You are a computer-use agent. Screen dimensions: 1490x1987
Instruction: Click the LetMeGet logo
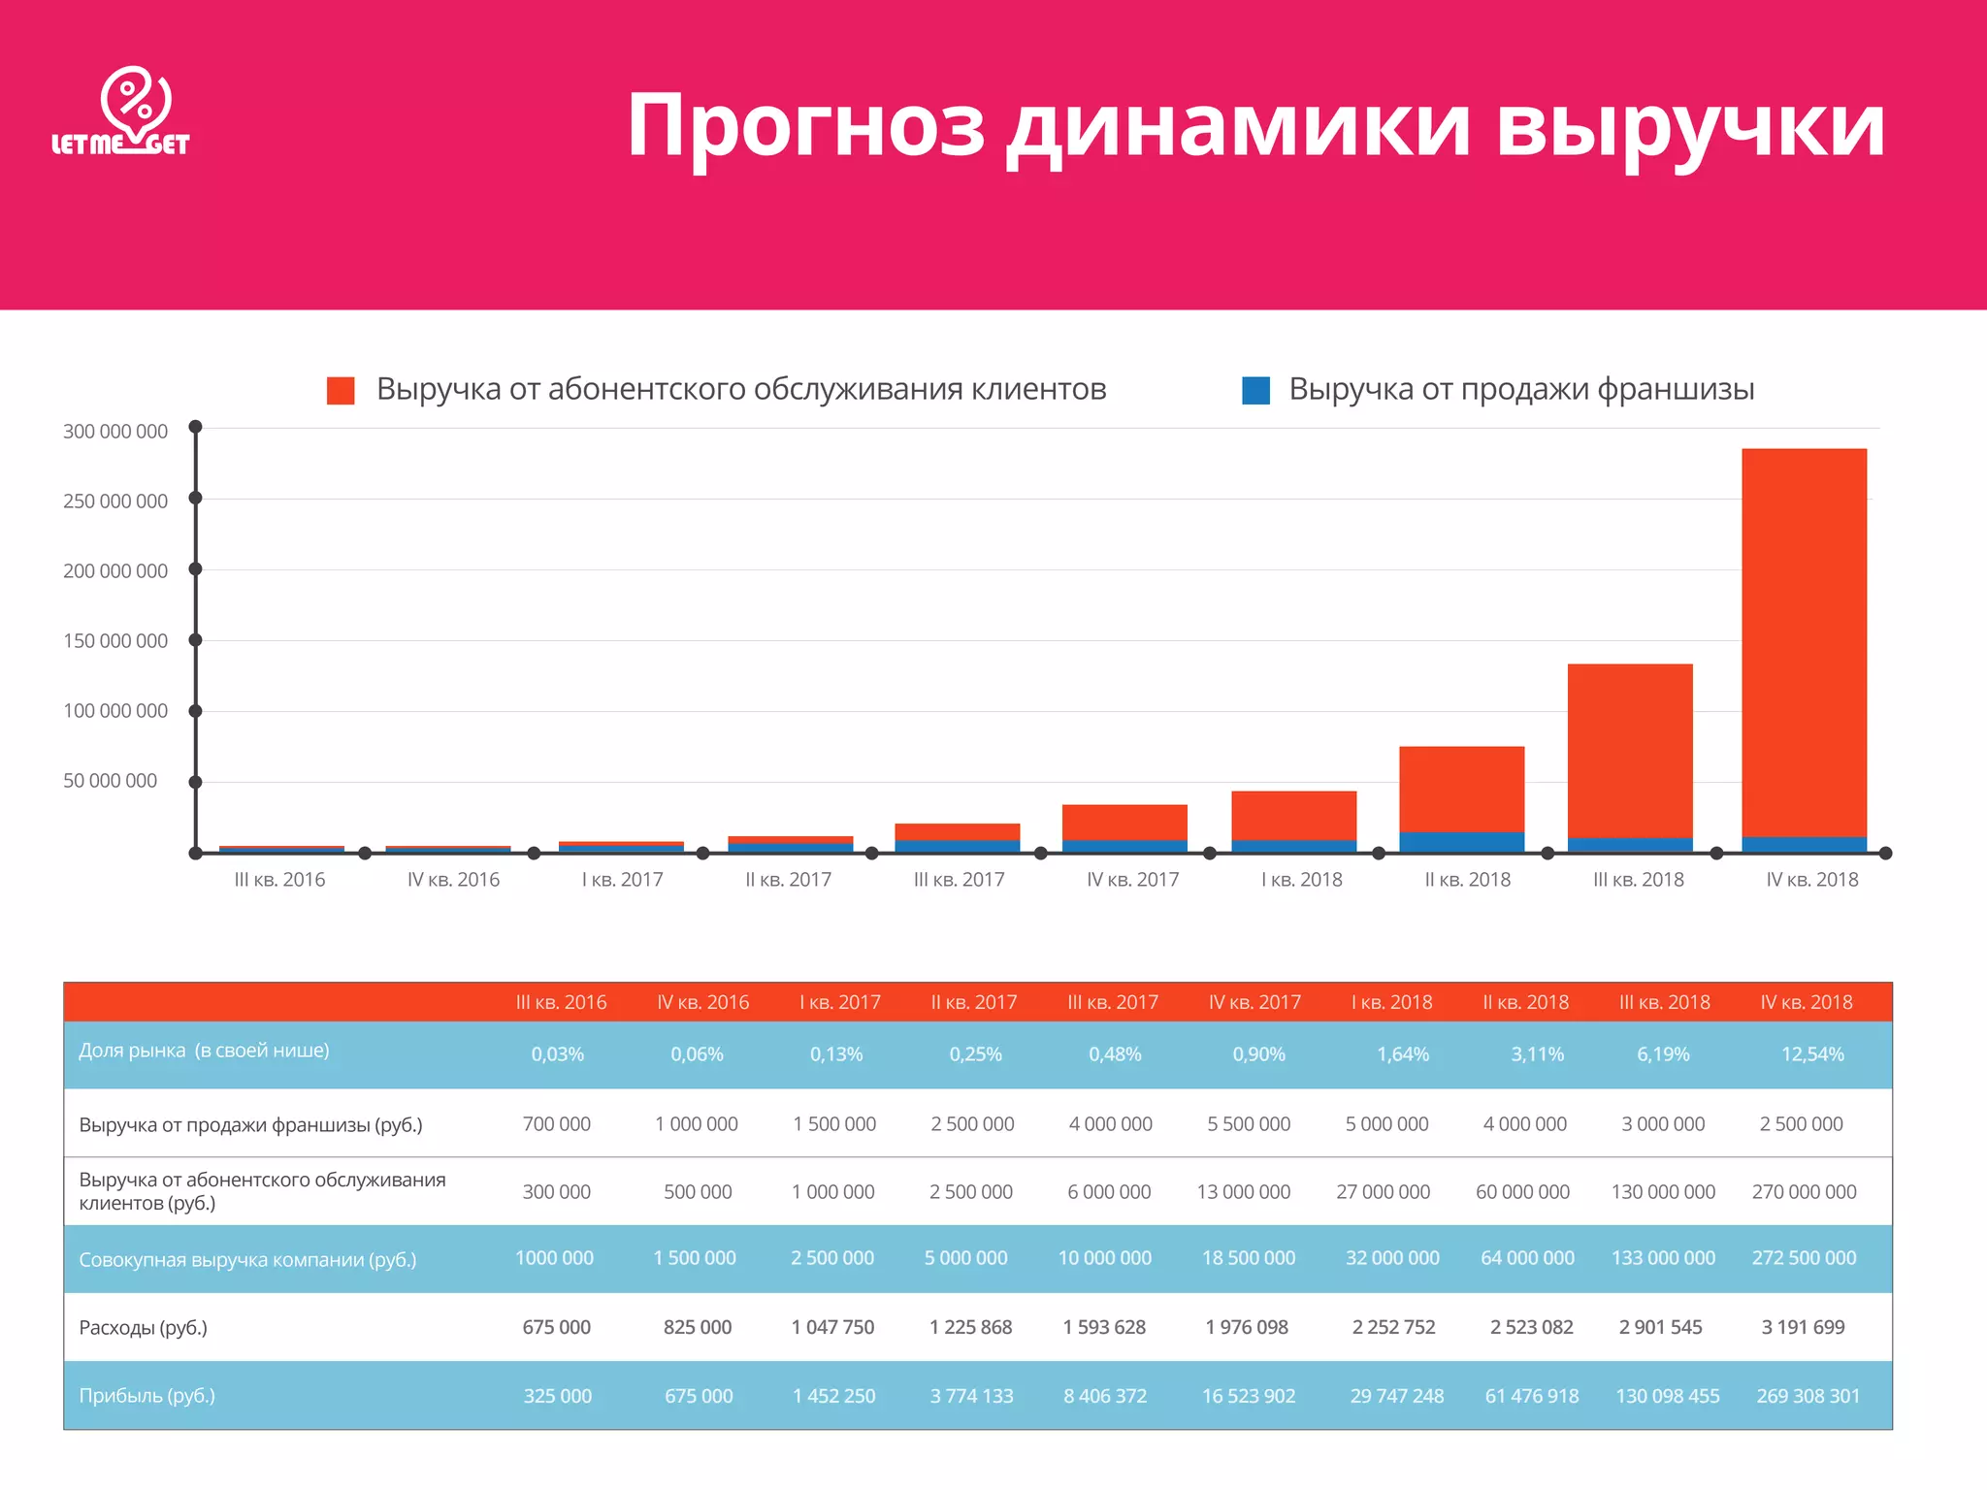click(x=121, y=112)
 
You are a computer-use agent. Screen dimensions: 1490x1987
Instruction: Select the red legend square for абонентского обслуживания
click(x=341, y=390)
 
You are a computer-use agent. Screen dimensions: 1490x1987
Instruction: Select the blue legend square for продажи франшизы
click(x=1255, y=390)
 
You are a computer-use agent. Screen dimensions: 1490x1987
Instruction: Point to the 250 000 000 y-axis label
click(x=114, y=502)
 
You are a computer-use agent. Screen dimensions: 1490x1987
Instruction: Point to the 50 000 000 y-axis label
click(x=110, y=781)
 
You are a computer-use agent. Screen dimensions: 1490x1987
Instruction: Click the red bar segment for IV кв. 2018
click(x=1804, y=640)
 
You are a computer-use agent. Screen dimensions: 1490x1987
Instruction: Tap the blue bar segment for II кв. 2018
click(x=1461, y=842)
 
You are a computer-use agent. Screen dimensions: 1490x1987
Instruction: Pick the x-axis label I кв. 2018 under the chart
click(x=1301, y=880)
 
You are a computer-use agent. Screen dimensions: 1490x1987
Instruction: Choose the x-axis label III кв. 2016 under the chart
click(x=279, y=880)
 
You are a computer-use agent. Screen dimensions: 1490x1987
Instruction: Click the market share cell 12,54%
click(x=1811, y=1054)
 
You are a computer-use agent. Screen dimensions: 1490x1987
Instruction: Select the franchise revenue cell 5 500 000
click(x=1248, y=1124)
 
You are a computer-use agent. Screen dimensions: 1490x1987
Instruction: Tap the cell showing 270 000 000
click(x=1804, y=1192)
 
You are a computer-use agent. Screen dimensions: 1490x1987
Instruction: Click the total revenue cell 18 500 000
click(x=1248, y=1258)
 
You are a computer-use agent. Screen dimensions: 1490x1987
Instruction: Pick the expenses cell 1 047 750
click(x=832, y=1327)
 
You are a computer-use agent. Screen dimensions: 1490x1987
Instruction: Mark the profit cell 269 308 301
click(x=1808, y=1396)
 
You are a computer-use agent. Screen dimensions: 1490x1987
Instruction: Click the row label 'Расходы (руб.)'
click(x=143, y=1328)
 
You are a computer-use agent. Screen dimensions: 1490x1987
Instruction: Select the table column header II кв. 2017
click(x=973, y=1002)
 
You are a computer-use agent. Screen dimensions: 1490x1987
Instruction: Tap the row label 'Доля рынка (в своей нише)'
click(x=204, y=1051)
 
